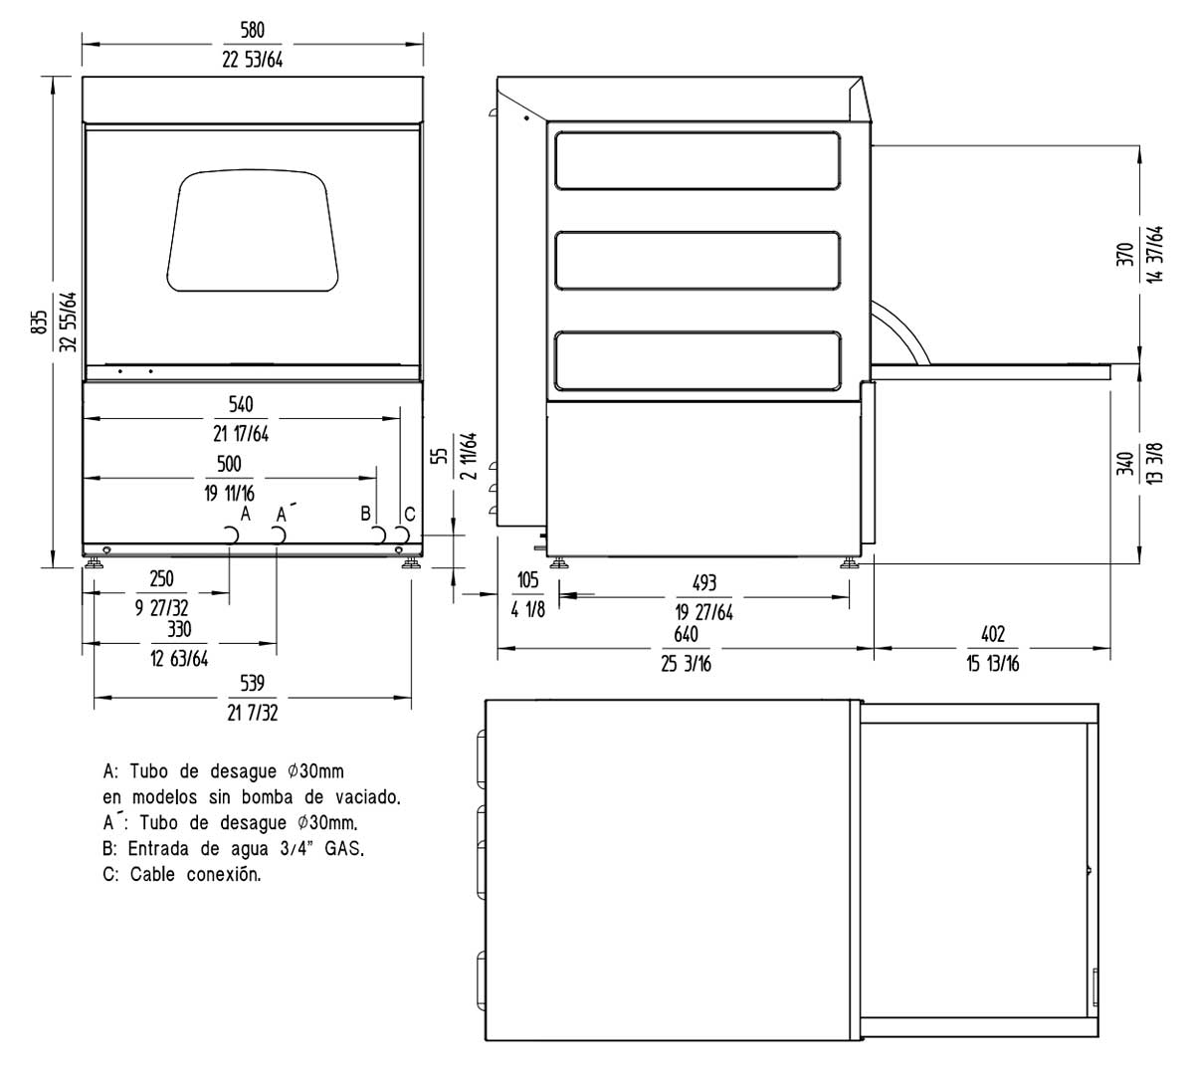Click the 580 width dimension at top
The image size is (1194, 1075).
(253, 33)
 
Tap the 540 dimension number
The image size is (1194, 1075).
(241, 405)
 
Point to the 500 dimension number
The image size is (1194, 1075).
(229, 465)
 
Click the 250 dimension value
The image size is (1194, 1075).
(161, 579)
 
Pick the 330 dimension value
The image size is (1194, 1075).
(179, 629)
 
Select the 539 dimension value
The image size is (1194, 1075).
(253, 684)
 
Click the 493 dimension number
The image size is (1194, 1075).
(703, 583)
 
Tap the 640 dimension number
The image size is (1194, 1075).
(687, 635)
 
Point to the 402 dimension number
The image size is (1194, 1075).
(992, 635)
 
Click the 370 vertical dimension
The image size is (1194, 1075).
(1125, 254)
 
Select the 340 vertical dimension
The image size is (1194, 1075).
(1125, 464)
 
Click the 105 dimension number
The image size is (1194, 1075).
(527, 581)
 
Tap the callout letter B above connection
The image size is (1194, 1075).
(366, 513)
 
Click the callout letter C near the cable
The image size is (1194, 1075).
(409, 514)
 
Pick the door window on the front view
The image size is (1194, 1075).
(252, 232)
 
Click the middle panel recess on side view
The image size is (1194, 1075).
(697, 261)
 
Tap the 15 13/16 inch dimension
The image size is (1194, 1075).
(992, 664)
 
